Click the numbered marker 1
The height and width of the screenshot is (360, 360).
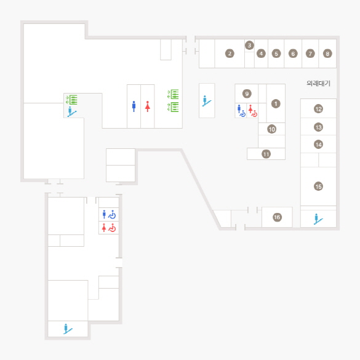276,103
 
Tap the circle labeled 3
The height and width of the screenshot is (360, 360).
249,45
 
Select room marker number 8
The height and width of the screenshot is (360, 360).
327,54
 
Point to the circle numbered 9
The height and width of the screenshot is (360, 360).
247,94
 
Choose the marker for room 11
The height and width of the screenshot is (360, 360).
266,154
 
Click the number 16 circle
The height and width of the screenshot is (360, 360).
277,217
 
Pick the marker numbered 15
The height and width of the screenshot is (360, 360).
318,186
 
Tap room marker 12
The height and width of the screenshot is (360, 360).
318,108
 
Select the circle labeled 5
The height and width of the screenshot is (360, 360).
276,54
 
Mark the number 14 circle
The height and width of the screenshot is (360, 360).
318,145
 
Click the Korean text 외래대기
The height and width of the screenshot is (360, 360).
318,83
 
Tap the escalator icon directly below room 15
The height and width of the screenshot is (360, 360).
318,219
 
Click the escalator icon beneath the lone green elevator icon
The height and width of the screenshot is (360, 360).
71,111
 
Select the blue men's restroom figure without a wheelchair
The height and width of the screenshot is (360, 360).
134,106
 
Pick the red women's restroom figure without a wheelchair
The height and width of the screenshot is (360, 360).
148,106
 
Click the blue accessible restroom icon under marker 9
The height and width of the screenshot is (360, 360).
241,111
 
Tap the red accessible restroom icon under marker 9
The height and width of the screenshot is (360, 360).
253,111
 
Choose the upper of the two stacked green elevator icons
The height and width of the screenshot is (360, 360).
173,94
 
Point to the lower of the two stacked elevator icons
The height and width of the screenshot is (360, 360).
173,107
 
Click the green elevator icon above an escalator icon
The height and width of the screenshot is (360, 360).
71,100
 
